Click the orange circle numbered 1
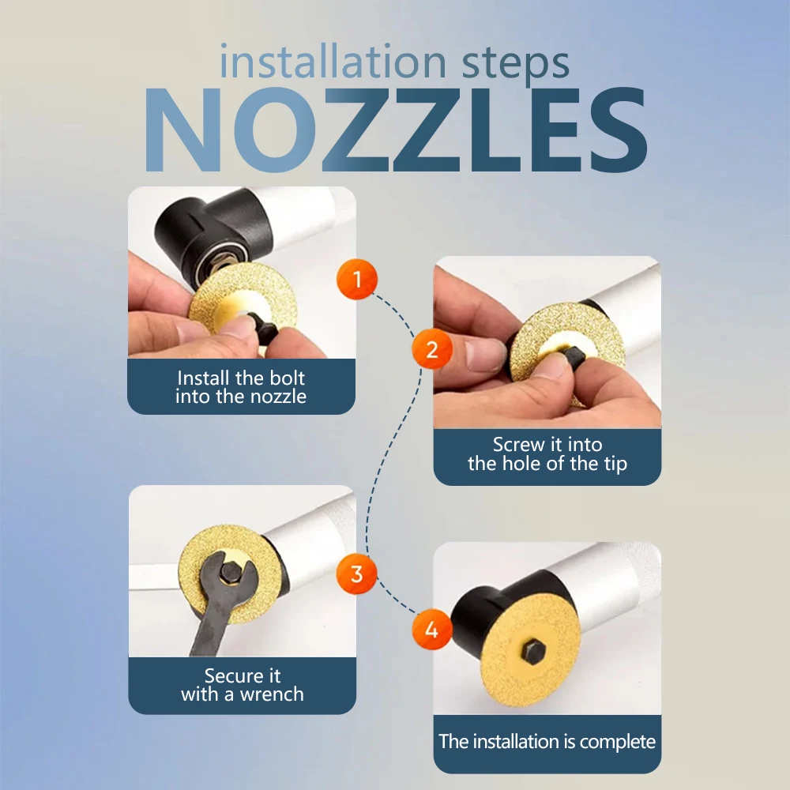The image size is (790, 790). pyautogui.click(x=357, y=279)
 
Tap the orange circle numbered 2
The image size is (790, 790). pyautogui.click(x=432, y=349)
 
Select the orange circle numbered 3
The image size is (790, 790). pyautogui.click(x=357, y=574)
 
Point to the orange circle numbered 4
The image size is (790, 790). pyautogui.click(x=432, y=630)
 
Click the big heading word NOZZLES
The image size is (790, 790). pyautogui.click(x=396, y=130)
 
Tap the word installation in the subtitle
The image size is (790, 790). pyautogui.click(x=333, y=61)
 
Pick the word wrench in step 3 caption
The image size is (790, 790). pyautogui.click(x=272, y=694)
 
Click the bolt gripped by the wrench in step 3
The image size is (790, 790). pyautogui.click(x=231, y=571)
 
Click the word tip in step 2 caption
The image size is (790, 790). pyautogui.click(x=615, y=464)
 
